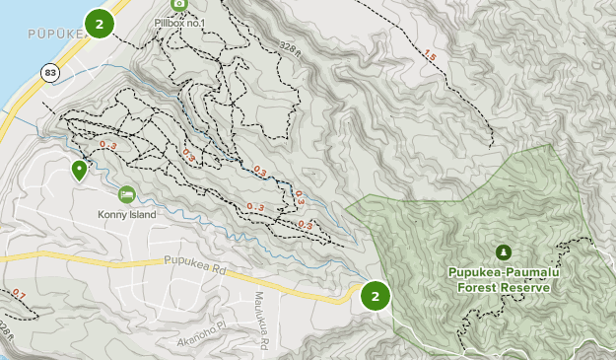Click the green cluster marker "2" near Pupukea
pyautogui.click(x=99, y=22)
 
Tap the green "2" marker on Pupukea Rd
pyautogui.click(x=375, y=295)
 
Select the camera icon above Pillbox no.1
pyautogui.click(x=178, y=4)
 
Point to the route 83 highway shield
pyautogui.click(x=48, y=72)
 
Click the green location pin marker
pyautogui.click(x=78, y=170)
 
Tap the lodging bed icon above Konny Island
pyautogui.click(x=126, y=194)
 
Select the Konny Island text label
pyautogui.click(x=127, y=214)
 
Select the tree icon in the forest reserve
pyautogui.click(x=504, y=252)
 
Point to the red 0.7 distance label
pyautogui.click(x=19, y=294)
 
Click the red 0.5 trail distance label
pyautogui.click(x=305, y=225)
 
